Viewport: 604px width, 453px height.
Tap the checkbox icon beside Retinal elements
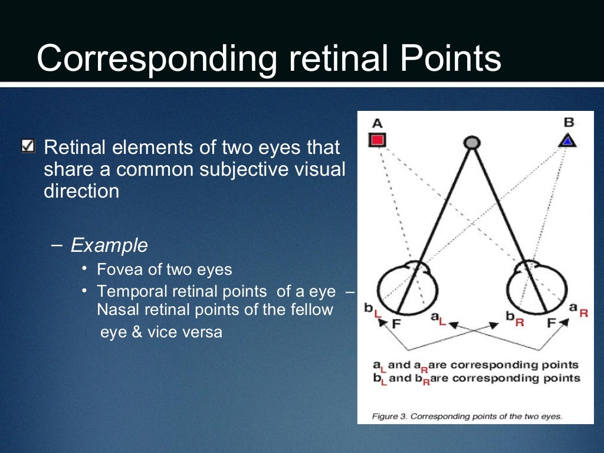[x=27, y=145]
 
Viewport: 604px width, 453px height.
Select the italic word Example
[x=109, y=245]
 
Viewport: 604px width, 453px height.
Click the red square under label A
[x=377, y=140]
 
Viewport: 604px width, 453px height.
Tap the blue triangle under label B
[x=567, y=140]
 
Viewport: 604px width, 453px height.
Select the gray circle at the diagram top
[x=471, y=142]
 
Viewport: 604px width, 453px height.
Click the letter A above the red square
[x=377, y=123]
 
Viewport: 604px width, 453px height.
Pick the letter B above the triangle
[x=569, y=123]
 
